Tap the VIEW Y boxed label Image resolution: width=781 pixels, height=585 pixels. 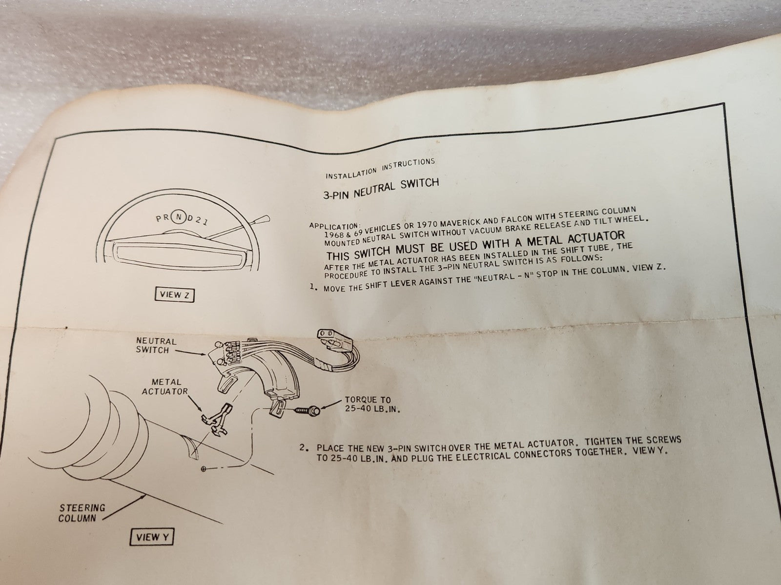click(x=151, y=537)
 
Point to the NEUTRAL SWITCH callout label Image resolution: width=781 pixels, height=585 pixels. click(x=156, y=345)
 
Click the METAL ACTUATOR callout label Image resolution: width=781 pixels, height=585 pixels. click(x=165, y=387)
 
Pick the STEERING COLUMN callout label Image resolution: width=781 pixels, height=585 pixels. click(x=82, y=513)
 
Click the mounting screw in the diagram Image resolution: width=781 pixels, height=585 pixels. click(x=307, y=410)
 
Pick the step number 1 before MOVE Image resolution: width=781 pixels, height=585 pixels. click(x=313, y=287)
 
